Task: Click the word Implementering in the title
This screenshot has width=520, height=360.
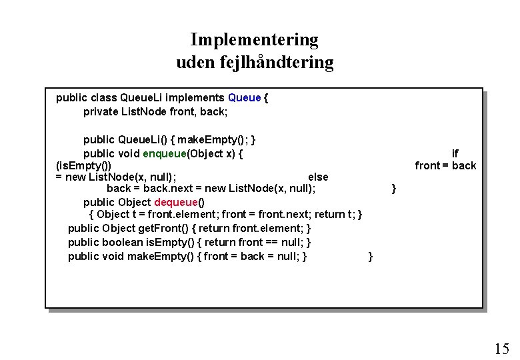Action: click(x=254, y=40)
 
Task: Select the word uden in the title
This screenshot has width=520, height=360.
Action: click(x=194, y=63)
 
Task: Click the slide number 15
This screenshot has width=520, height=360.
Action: click(x=501, y=349)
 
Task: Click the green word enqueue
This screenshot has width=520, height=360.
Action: click(x=164, y=154)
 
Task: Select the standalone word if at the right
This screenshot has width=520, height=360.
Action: click(x=455, y=154)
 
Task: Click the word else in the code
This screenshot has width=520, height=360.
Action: click(x=318, y=177)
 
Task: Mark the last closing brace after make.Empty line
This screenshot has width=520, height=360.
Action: click(x=371, y=257)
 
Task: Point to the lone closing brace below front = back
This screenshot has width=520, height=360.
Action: click(x=393, y=189)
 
